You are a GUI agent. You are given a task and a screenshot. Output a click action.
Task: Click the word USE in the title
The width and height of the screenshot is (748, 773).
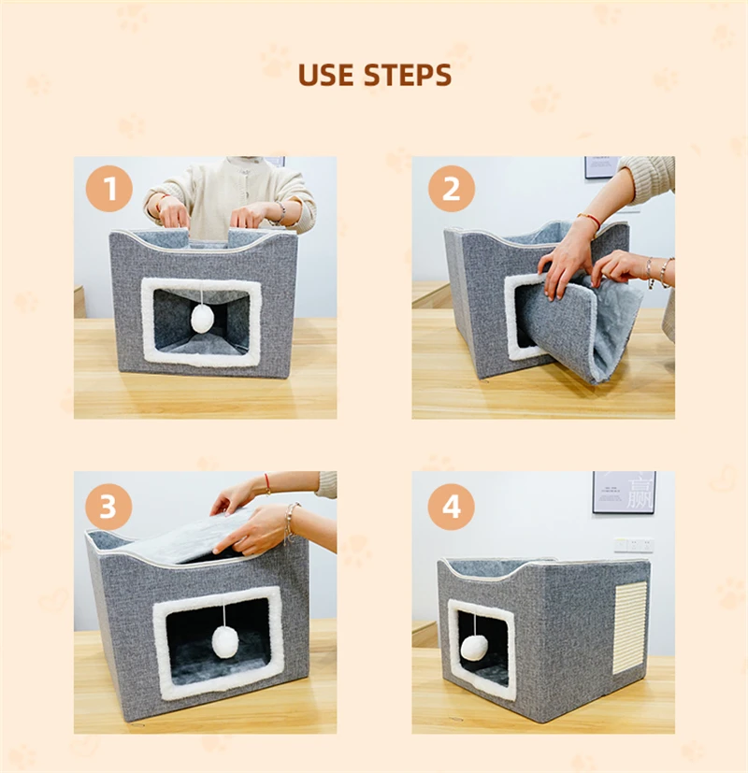(x=325, y=75)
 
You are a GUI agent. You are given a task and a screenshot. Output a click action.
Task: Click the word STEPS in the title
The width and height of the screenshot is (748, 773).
(x=408, y=75)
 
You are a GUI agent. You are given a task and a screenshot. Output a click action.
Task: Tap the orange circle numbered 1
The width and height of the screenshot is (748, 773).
(x=109, y=188)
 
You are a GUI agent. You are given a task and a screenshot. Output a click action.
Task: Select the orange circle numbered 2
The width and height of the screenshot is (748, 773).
(x=452, y=188)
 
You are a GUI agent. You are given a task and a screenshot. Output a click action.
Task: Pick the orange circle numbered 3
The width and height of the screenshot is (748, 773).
(x=108, y=507)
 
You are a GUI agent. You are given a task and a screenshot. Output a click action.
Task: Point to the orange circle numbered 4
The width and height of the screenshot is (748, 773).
(x=452, y=507)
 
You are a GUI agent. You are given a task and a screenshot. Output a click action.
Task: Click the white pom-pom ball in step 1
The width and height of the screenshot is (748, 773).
(x=201, y=318)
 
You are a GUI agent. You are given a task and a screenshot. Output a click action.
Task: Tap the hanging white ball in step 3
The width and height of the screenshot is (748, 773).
(x=225, y=643)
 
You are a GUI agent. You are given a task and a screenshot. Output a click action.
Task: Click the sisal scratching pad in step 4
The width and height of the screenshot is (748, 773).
(x=629, y=627)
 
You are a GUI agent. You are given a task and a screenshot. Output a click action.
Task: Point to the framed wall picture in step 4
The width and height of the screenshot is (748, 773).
(x=624, y=492)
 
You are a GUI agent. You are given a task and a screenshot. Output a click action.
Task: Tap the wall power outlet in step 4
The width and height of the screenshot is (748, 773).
(x=634, y=545)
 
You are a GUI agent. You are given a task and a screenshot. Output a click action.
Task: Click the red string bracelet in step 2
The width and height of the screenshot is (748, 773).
(x=589, y=220)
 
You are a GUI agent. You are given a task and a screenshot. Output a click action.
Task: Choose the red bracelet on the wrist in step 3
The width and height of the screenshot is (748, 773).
(x=267, y=483)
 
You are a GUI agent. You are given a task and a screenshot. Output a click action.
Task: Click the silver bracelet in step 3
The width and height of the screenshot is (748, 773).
(x=290, y=522)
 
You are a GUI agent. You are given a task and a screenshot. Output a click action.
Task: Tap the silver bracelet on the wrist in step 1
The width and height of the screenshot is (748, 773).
(x=281, y=210)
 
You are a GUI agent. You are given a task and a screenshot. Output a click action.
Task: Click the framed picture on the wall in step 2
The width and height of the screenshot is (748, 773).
(x=602, y=167)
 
